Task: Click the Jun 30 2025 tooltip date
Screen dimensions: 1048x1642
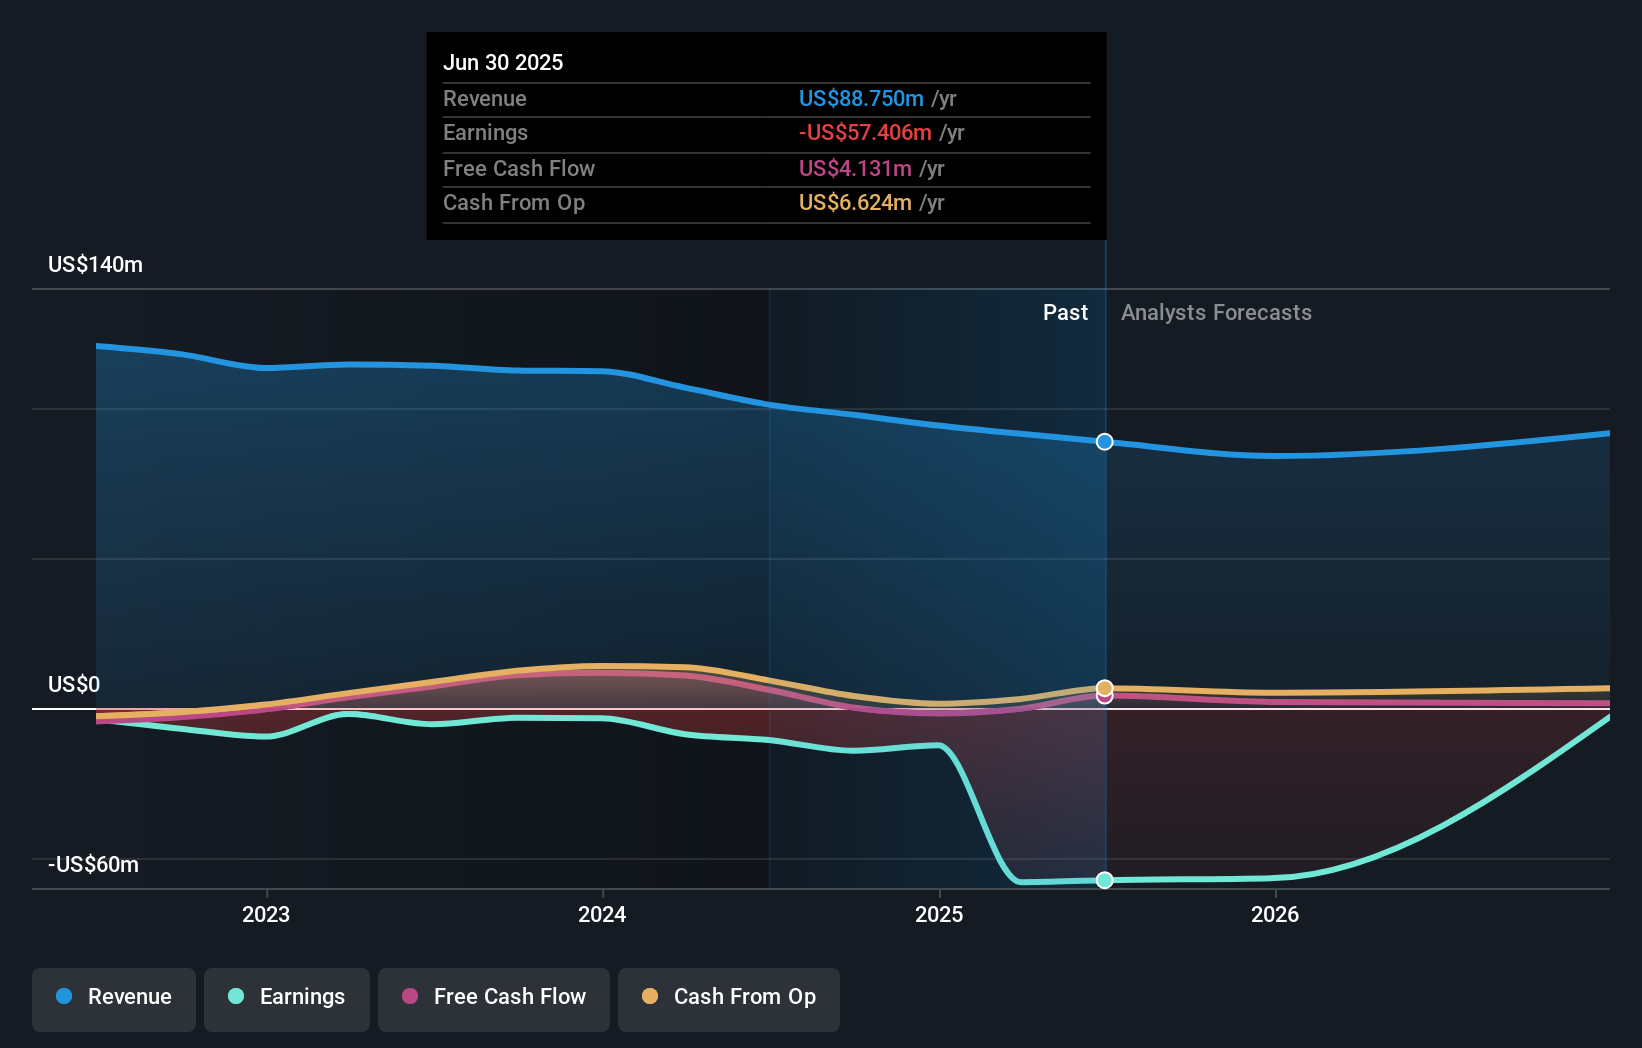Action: pyautogui.click(x=503, y=62)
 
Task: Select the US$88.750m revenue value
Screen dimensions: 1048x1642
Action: pyautogui.click(x=860, y=98)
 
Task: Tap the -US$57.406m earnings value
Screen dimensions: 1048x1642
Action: pyautogui.click(x=864, y=132)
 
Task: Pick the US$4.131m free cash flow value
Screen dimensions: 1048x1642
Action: pyautogui.click(x=854, y=168)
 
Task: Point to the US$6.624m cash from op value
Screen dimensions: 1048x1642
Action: pyautogui.click(x=854, y=202)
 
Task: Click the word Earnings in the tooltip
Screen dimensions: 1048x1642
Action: pyautogui.click(x=485, y=132)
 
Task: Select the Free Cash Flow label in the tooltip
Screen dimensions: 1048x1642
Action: pyautogui.click(x=518, y=168)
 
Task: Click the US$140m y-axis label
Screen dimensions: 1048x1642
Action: pyautogui.click(x=95, y=264)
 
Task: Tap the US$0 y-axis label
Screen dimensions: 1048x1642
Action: pyautogui.click(x=74, y=684)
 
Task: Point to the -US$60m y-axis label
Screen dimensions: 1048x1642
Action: pyautogui.click(x=93, y=864)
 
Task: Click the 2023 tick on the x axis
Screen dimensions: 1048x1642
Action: pyautogui.click(x=266, y=914)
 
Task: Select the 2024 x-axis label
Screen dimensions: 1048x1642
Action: pyautogui.click(x=602, y=914)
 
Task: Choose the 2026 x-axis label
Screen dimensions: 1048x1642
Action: pyautogui.click(x=1275, y=914)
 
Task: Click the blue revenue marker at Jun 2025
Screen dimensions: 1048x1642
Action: pyautogui.click(x=1104, y=442)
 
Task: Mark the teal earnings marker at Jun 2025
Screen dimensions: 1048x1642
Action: pyautogui.click(x=1104, y=880)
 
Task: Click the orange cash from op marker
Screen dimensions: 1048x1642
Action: pyautogui.click(x=1104, y=688)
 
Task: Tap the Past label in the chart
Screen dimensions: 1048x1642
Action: pyautogui.click(x=1065, y=312)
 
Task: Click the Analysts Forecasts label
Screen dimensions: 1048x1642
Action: pyautogui.click(x=1216, y=312)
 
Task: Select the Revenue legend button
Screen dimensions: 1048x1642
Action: pyautogui.click(x=114, y=997)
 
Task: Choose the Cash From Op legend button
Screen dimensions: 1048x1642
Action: pyautogui.click(x=729, y=997)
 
